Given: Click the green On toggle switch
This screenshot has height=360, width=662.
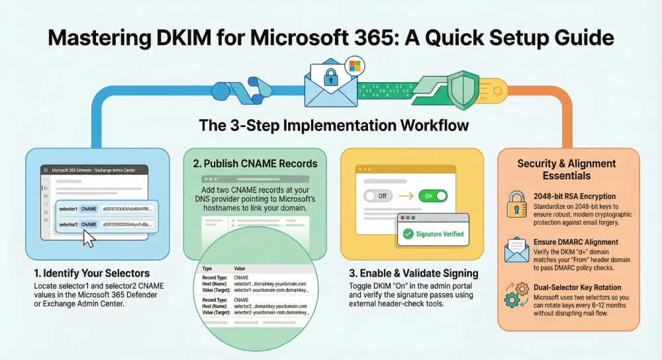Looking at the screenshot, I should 432,196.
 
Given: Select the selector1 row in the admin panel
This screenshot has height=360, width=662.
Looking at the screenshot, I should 106,208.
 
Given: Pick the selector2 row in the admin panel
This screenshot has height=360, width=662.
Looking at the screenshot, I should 106,225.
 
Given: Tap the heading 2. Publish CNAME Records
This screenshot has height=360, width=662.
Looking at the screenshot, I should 250,163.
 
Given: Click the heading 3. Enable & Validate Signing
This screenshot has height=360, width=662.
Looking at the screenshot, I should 412,273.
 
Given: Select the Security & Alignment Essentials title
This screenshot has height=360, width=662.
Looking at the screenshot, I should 566,169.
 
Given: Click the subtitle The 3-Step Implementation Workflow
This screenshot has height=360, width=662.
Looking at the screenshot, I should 330,125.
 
